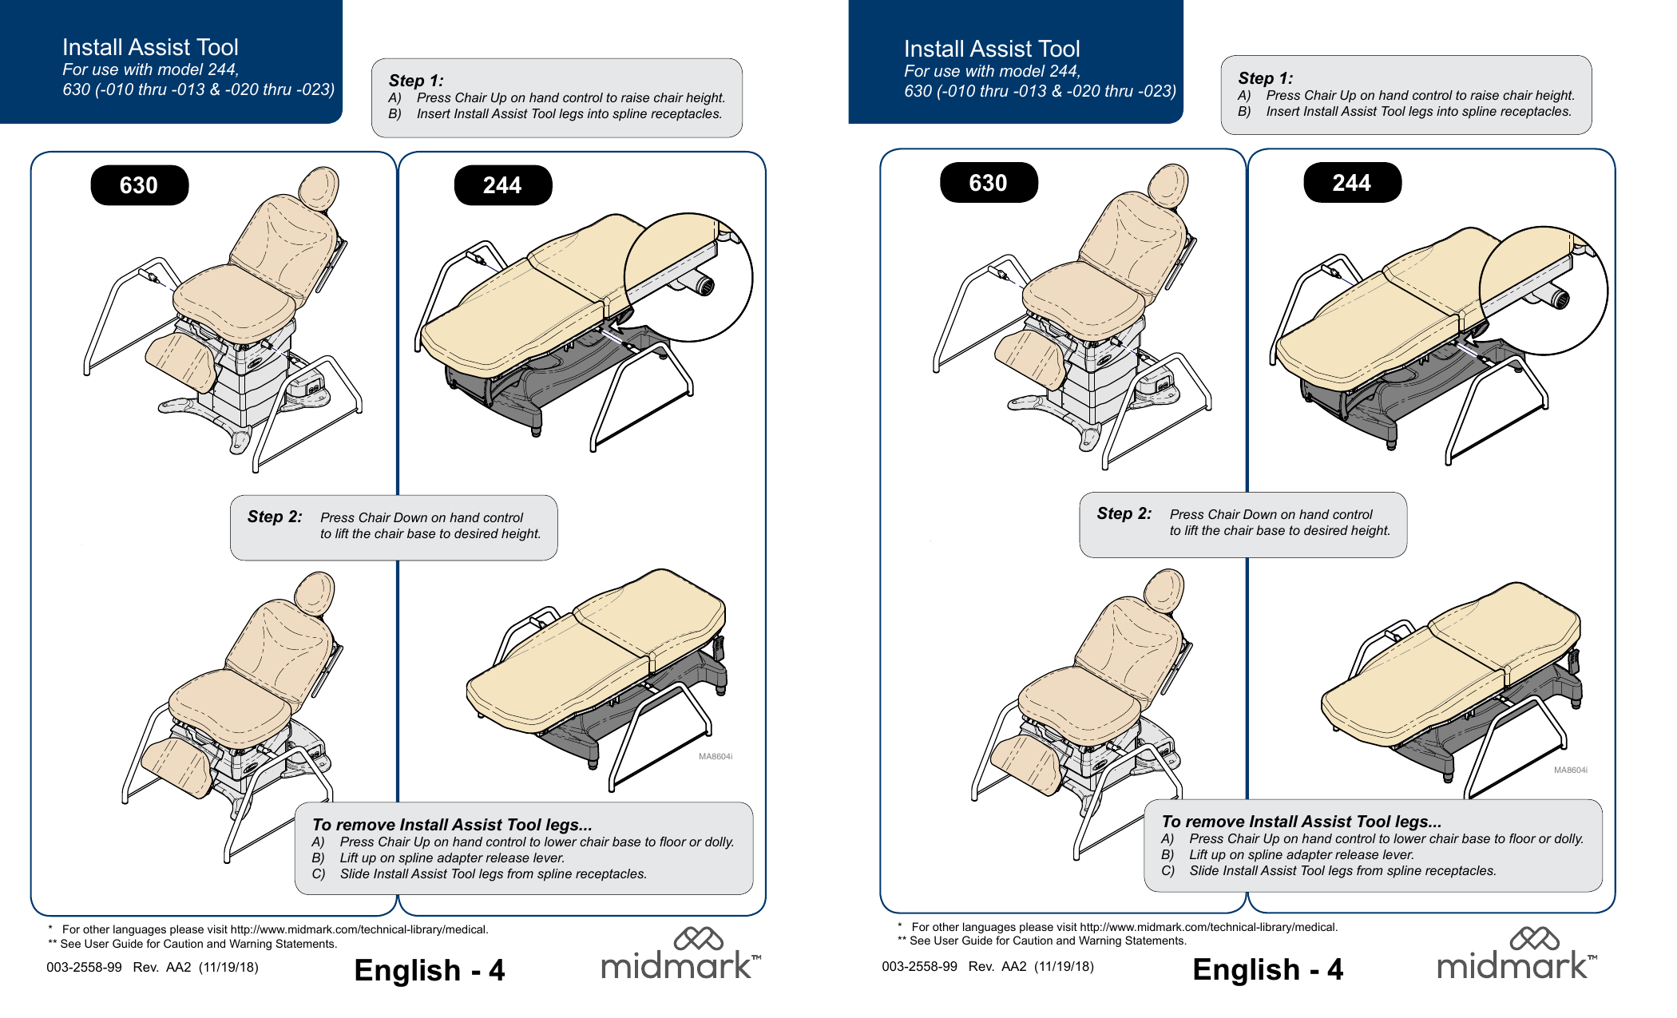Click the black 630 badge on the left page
point(140,185)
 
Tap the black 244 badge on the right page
point(1351,183)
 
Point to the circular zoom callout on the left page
point(688,276)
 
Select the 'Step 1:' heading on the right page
point(1265,78)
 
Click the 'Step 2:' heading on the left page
point(275,517)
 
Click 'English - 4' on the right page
point(1267,969)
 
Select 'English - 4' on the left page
point(429,970)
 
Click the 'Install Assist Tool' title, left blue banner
point(150,47)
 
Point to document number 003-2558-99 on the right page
point(919,966)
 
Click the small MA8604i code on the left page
point(715,756)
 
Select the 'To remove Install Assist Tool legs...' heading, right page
point(1301,822)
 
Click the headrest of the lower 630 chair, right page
point(1164,591)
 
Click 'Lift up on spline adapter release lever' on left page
point(452,858)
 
